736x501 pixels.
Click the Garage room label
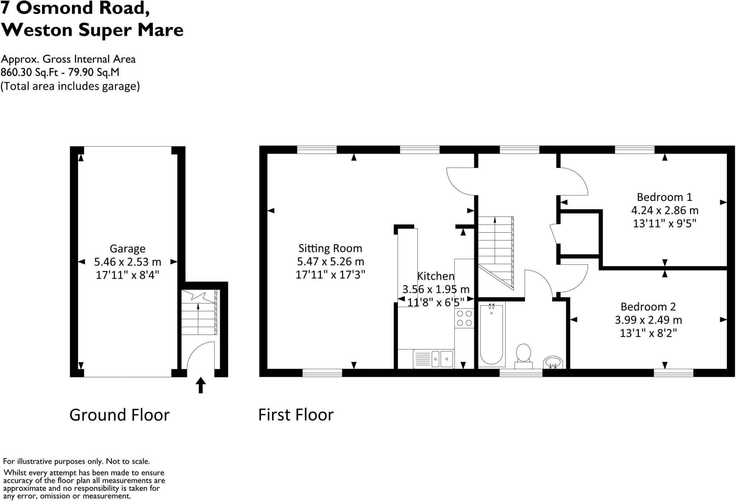(127, 249)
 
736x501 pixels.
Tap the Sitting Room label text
(330, 248)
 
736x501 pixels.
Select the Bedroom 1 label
(664, 197)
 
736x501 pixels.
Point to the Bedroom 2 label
(648, 307)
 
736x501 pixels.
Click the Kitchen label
(436, 276)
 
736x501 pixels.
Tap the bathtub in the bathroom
(492, 333)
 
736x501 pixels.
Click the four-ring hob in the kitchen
(464, 318)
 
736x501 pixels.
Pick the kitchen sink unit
(433, 359)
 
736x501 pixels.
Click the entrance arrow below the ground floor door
(201, 385)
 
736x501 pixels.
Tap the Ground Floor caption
(119, 415)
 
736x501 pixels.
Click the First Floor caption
(296, 415)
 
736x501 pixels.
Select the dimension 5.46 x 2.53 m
(127, 262)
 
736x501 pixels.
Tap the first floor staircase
(495, 252)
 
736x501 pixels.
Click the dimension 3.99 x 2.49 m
(648, 320)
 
